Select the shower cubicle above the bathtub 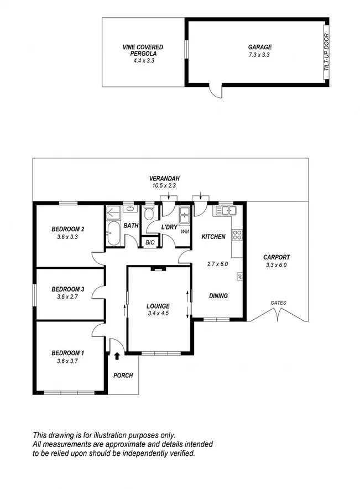(113, 214)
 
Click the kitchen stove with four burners (237, 235)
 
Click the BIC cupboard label (150, 242)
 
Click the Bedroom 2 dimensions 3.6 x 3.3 (67, 237)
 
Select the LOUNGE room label (158, 306)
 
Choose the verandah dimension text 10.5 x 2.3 (165, 186)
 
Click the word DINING (218, 295)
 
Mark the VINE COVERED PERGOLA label (143, 50)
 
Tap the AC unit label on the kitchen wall (240, 276)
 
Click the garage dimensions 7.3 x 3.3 (259, 55)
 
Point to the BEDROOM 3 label (67, 289)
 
